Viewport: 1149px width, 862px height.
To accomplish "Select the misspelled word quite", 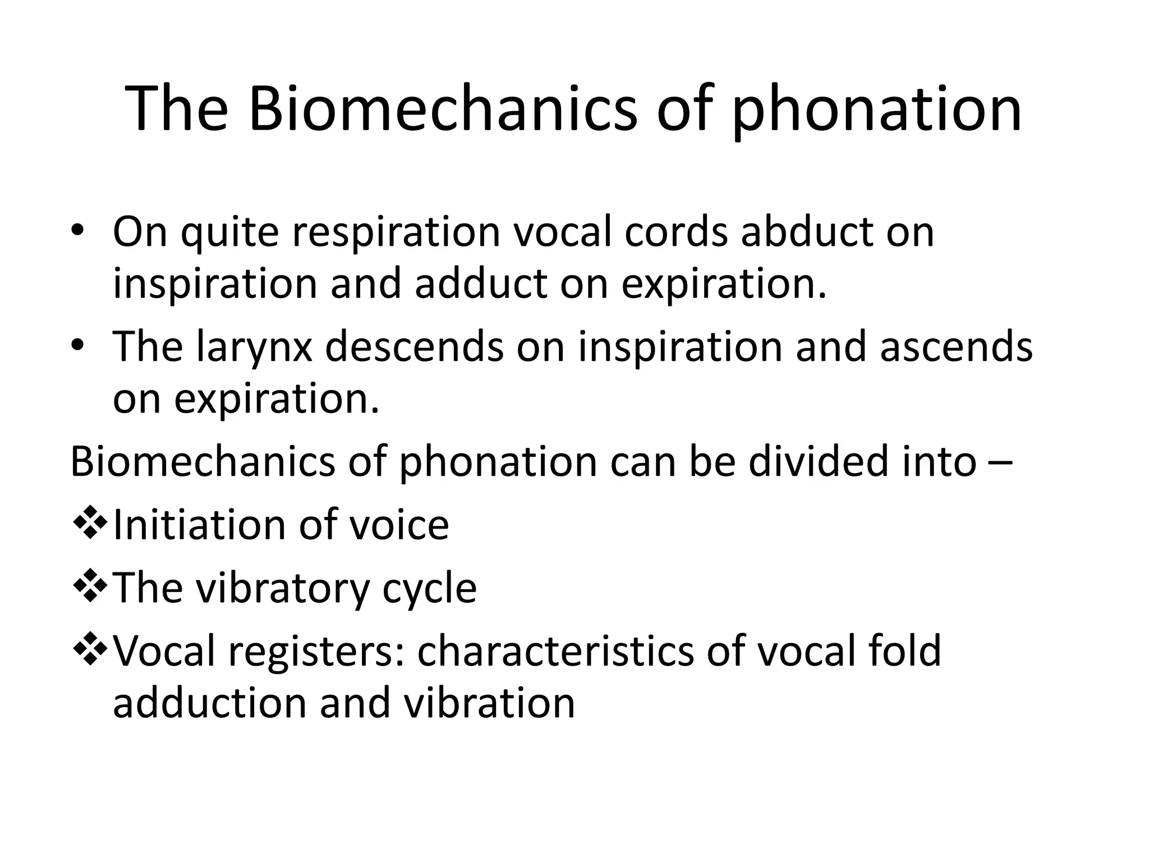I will point(229,232).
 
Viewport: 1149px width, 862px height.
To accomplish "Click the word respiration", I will point(396,232).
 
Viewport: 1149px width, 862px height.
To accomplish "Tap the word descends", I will point(414,346).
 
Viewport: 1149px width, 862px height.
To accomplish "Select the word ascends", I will point(956,346).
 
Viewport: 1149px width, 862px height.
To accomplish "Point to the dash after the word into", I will point(1001,464).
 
